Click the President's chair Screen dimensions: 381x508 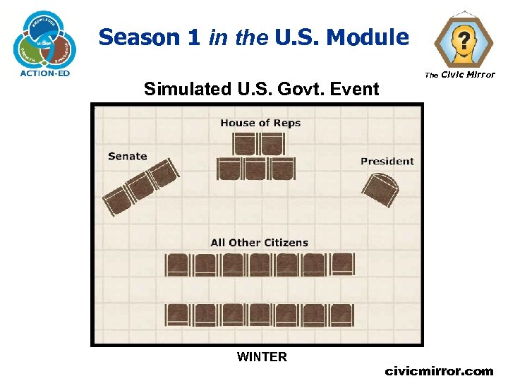coord(382,189)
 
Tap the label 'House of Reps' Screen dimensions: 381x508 coord(260,123)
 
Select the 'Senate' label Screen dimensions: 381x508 coord(128,156)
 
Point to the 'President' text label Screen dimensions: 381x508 coord(387,161)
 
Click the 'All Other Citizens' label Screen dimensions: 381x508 coord(259,242)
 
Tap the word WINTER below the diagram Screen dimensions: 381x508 coord(262,357)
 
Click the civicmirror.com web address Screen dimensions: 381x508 coord(438,370)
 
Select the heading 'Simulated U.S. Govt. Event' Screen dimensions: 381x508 coord(261,89)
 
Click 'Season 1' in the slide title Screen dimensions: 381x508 coord(150,37)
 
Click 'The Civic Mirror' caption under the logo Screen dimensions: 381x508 coord(459,75)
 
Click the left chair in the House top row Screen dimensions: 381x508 coord(244,144)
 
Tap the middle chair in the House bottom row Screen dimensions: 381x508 coord(256,169)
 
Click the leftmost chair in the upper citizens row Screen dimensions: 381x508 coord(177,265)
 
